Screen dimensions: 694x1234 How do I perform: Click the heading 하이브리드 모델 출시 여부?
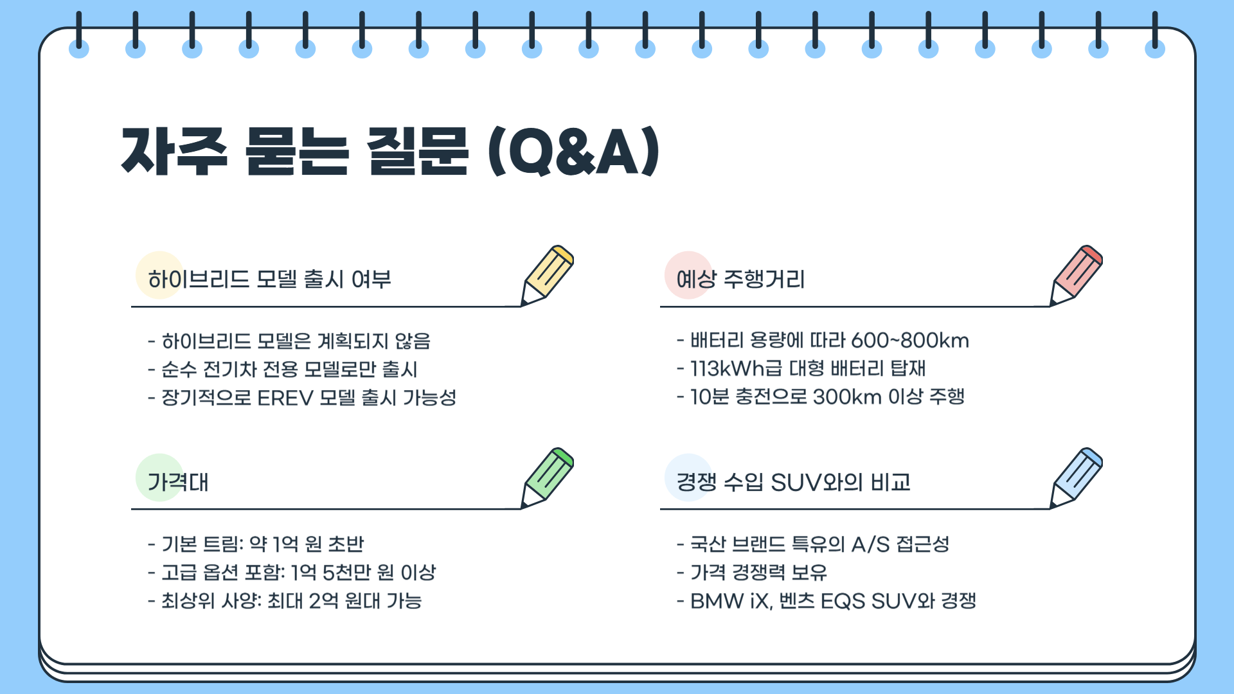269,280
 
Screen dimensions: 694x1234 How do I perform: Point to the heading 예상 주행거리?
740,280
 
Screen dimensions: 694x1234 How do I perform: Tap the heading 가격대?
178,482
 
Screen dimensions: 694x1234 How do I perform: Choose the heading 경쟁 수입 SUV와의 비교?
793,482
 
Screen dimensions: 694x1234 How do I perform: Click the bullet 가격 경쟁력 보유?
758,573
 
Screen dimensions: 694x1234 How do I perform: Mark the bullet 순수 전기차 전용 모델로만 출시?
289,369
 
